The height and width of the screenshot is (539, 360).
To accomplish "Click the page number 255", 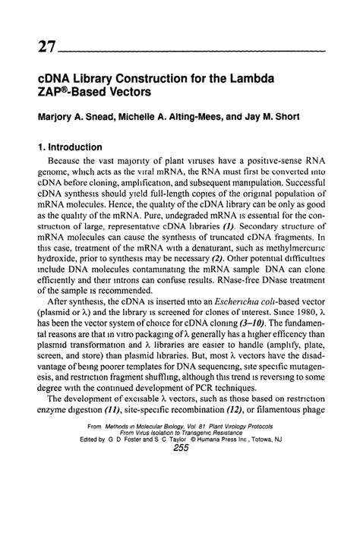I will [x=181, y=512].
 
